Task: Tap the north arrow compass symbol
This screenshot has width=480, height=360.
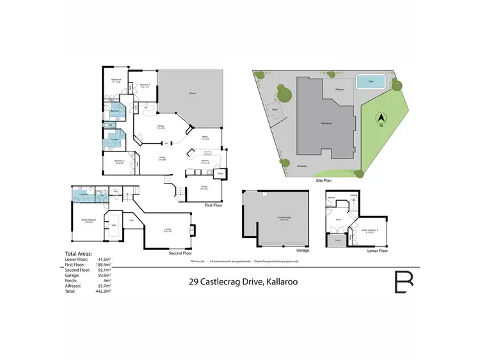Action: [380, 118]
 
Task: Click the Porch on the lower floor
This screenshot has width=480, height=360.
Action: [338, 241]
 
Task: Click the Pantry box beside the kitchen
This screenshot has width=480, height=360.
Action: [219, 173]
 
